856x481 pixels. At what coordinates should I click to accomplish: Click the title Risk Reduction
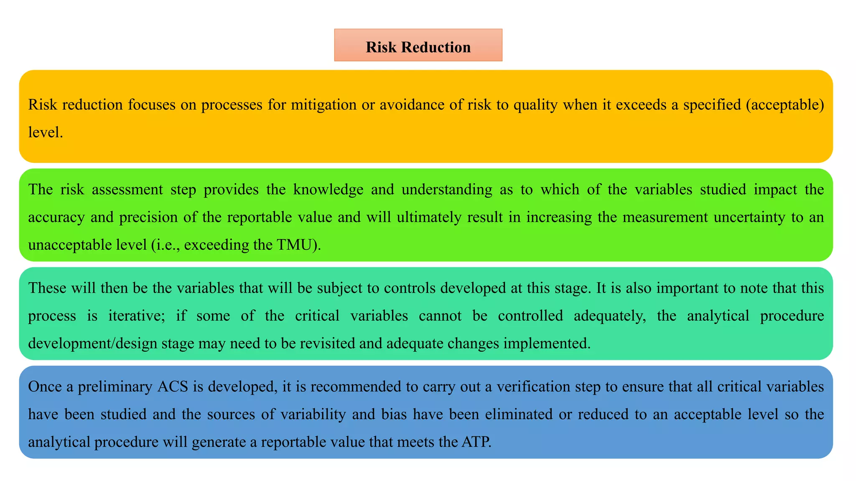coord(418,47)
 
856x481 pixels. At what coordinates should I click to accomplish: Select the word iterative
coord(136,316)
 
